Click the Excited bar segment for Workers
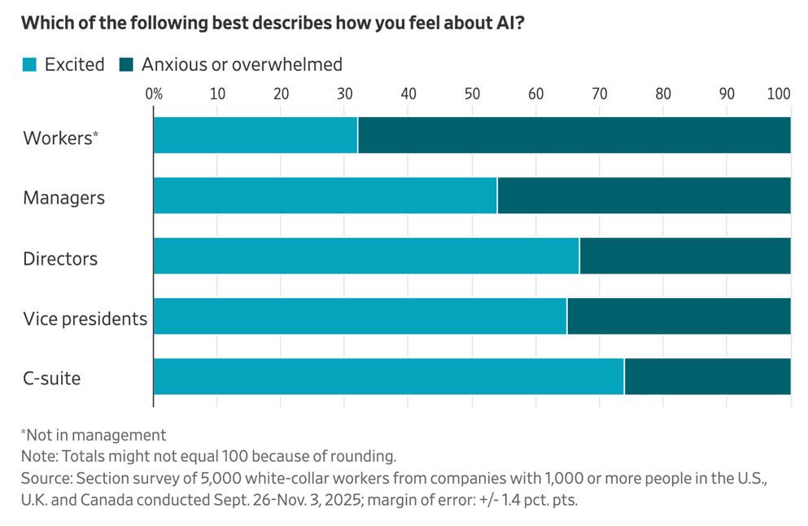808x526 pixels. pos(256,135)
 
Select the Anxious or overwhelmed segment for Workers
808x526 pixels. pos(574,135)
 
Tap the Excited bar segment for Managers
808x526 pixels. pos(325,195)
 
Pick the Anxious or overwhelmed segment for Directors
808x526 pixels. pos(685,256)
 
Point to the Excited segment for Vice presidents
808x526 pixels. pos(360,316)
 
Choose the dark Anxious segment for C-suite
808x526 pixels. pos(708,376)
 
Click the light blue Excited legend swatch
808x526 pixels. pos(29,64)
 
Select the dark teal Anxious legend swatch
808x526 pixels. pos(126,64)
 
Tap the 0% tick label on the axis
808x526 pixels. pos(154,94)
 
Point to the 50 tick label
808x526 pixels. pos(472,94)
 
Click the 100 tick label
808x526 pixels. pos(779,94)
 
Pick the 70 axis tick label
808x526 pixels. pos(600,94)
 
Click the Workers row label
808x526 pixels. pos(60,138)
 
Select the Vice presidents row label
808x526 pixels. pos(85,318)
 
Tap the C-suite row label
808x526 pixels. pos(51,379)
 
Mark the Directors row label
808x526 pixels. pos(60,258)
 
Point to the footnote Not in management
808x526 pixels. pos(94,436)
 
